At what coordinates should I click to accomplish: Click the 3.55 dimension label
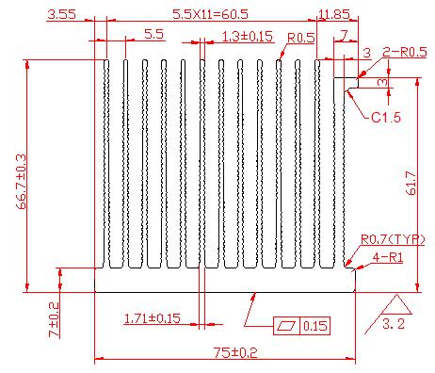click(x=61, y=14)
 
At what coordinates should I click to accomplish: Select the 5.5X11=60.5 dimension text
click(x=210, y=14)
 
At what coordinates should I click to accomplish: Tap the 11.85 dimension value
click(x=334, y=14)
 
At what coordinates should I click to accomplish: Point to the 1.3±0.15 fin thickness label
click(x=248, y=37)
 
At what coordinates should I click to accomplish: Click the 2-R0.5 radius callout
click(x=405, y=52)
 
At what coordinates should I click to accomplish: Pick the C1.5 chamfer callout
click(x=386, y=118)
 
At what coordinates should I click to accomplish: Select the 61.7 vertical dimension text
click(x=411, y=183)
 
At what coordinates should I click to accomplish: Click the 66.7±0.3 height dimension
click(x=22, y=182)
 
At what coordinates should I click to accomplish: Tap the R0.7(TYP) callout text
click(x=393, y=239)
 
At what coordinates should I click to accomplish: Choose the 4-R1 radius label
click(x=388, y=258)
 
